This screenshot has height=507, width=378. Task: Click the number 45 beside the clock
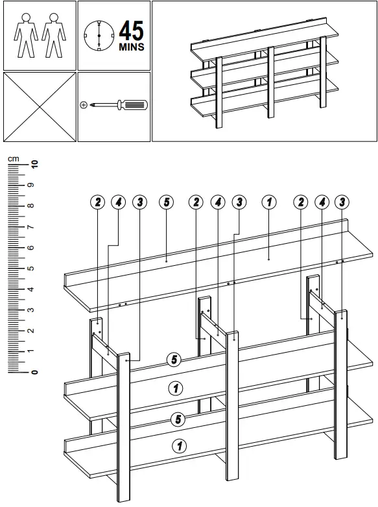coord(132,30)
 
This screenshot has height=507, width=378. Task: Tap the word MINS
coord(132,47)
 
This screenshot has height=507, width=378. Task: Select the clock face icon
coord(99,34)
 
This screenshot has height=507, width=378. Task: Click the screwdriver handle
coord(135,104)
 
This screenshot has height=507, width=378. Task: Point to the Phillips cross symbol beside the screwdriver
coord(84,104)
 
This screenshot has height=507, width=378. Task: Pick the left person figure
coord(25,36)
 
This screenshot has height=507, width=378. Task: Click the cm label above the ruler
coord(14,158)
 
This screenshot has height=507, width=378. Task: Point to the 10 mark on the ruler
coord(35,164)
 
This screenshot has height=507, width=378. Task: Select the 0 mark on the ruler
coord(35,372)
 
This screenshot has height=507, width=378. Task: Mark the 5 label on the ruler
coord(35,268)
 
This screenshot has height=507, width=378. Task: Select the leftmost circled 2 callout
coord(97,202)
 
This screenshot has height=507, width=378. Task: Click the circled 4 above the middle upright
coord(218,202)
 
